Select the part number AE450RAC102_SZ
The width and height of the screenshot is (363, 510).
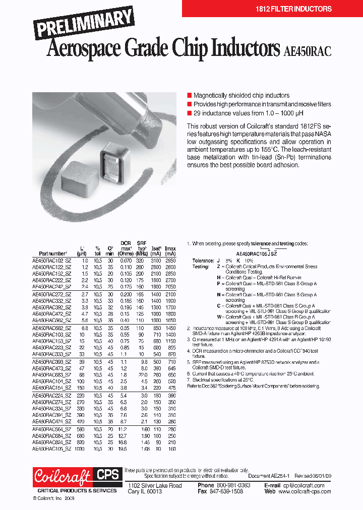(51, 261)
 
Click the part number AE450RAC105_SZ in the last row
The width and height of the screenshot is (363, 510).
(51, 448)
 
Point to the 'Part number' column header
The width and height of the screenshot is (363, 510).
(52, 254)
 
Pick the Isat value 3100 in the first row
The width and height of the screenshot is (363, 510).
(156, 261)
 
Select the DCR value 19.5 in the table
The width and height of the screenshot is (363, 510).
(124, 448)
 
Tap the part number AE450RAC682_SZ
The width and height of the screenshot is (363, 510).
(51, 328)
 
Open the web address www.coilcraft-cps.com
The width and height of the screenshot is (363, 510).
(304, 491)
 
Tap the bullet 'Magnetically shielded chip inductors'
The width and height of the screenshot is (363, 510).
(241, 95)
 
